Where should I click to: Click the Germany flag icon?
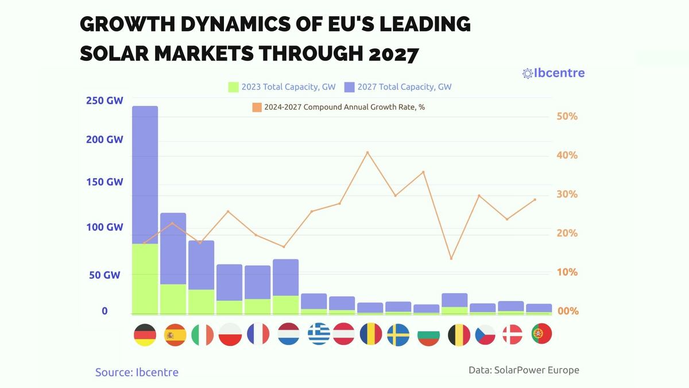coord(145,335)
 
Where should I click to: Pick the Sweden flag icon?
coord(398,335)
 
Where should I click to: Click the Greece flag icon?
coord(319,335)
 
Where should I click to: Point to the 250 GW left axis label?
coord(104,101)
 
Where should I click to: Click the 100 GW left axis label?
coord(104,227)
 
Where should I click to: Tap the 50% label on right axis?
coord(567,117)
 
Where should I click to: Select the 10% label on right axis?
coord(567,272)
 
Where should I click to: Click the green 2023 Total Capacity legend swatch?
coord(233,87)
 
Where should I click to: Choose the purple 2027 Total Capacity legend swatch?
coord(349,87)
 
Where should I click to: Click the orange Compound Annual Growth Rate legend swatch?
coord(257,107)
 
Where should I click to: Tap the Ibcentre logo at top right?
coord(553,73)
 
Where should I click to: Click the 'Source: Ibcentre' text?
coord(137,372)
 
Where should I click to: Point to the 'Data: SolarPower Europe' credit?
coord(524,370)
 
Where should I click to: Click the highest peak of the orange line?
coord(367,152)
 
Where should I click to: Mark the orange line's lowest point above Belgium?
coord(451,259)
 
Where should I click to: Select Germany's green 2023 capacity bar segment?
coord(145,279)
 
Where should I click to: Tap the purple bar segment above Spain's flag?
coord(173,248)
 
